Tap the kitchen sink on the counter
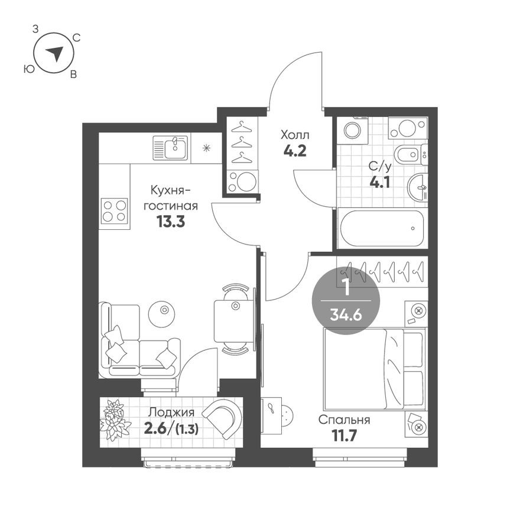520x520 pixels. pos(170,148)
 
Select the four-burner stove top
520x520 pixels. pos(115,210)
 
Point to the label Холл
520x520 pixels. pos(294,134)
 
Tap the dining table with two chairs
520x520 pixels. pos(234,320)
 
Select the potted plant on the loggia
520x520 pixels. pos(115,420)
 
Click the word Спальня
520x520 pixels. pos(344,420)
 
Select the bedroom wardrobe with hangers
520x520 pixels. pos(381,271)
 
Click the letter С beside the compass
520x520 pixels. pos(76,37)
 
